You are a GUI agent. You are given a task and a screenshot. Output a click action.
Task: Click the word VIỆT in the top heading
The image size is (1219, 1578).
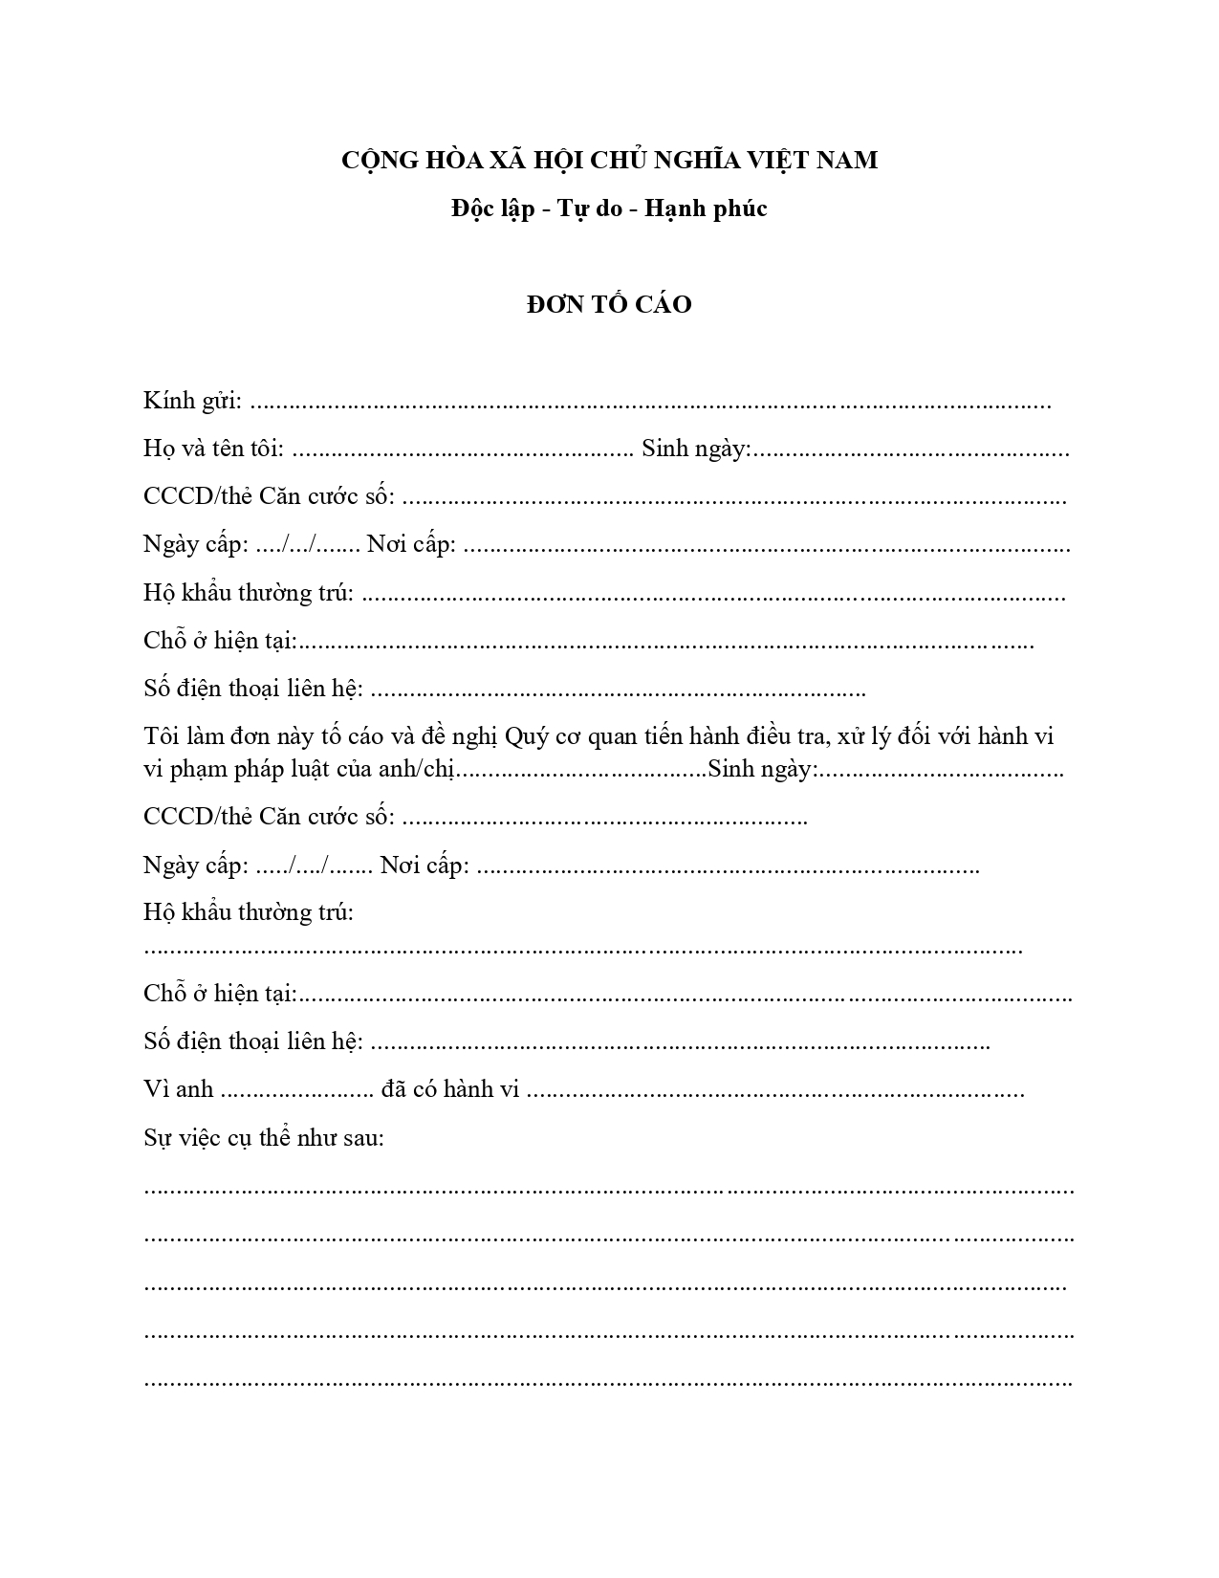tap(781, 161)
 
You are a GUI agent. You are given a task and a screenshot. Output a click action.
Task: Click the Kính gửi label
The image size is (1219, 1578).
tap(192, 401)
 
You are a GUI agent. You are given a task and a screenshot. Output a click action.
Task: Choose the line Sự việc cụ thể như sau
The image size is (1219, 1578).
tap(264, 1138)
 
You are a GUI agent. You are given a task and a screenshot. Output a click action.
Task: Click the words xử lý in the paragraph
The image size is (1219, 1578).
tap(874, 736)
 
